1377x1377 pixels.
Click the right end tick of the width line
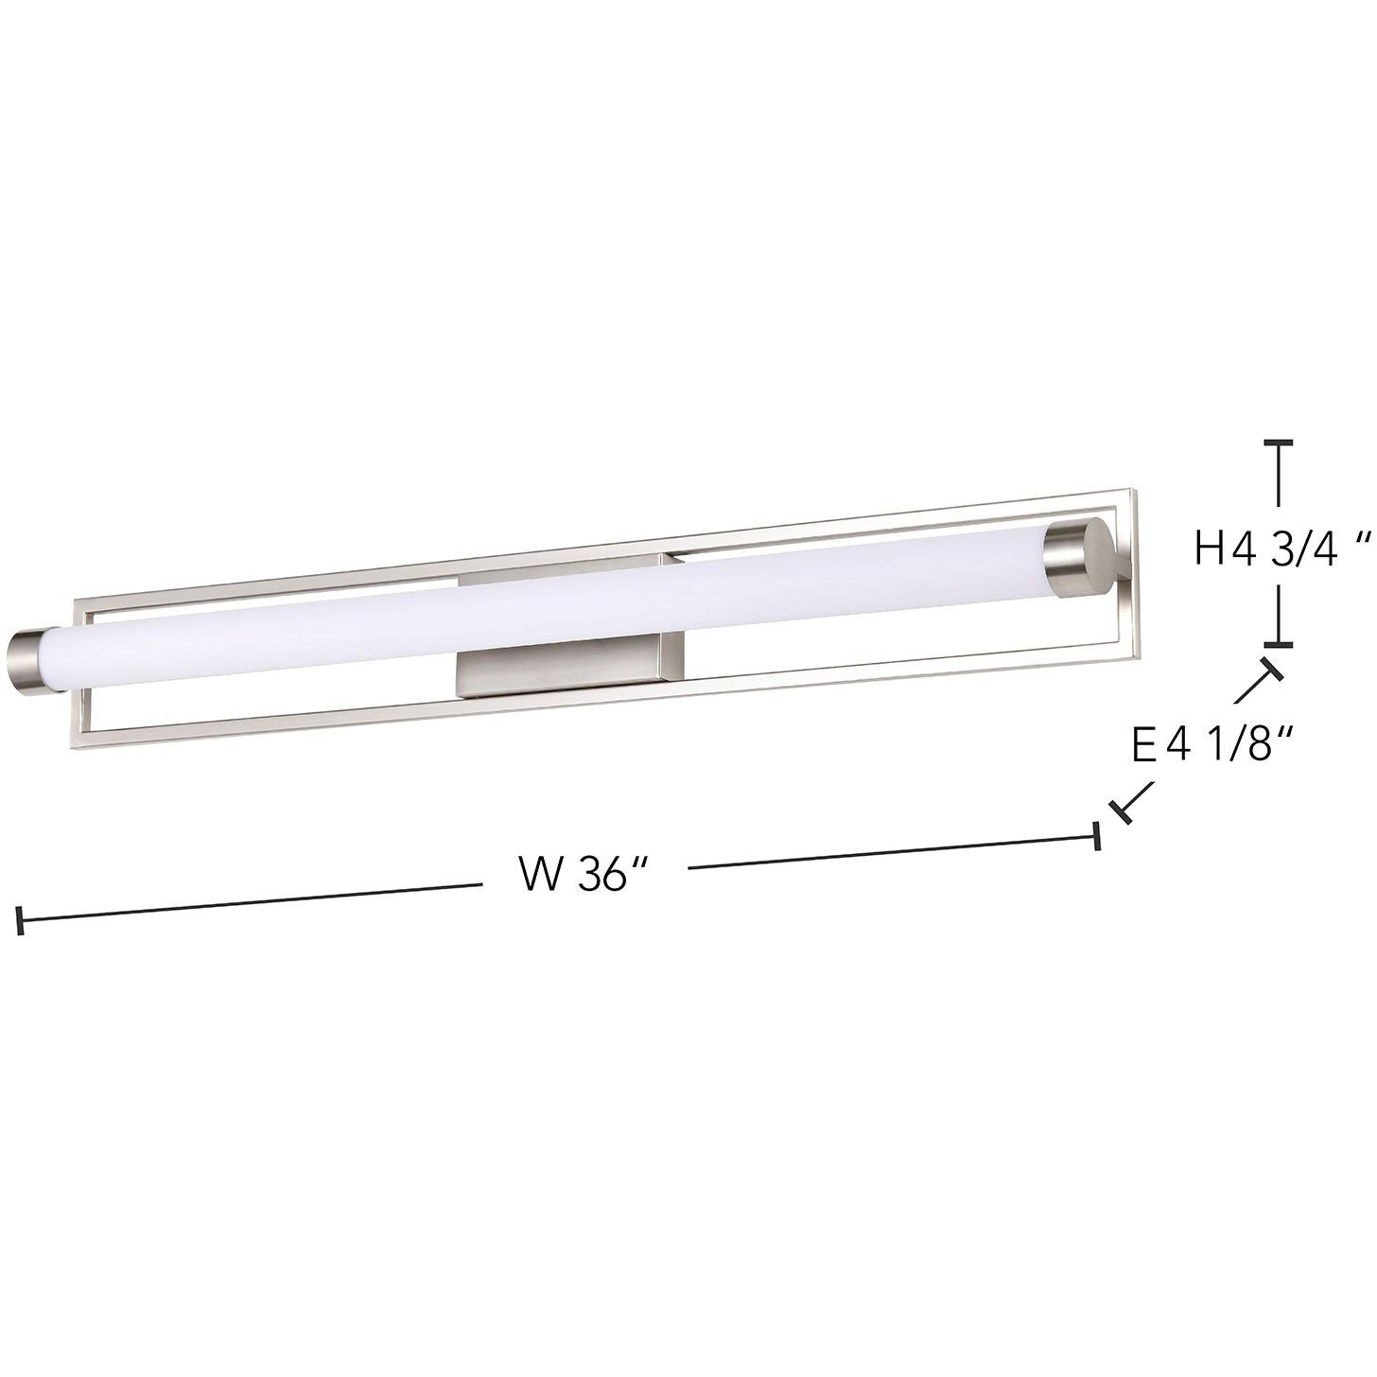pos(1096,836)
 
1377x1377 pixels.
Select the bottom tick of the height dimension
pos(1279,644)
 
